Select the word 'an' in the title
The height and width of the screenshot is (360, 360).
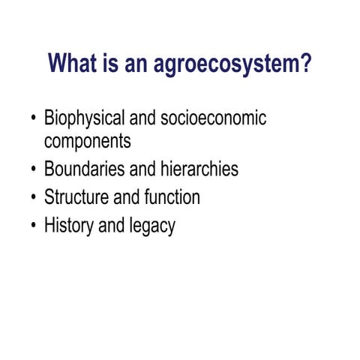139,64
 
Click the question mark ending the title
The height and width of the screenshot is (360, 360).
304,64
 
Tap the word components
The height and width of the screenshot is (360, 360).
88,141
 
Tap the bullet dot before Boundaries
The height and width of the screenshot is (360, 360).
33,169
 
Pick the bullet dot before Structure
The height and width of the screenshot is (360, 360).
33,198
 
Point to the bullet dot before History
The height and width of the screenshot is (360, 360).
33,226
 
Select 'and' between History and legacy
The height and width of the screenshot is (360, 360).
111,226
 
